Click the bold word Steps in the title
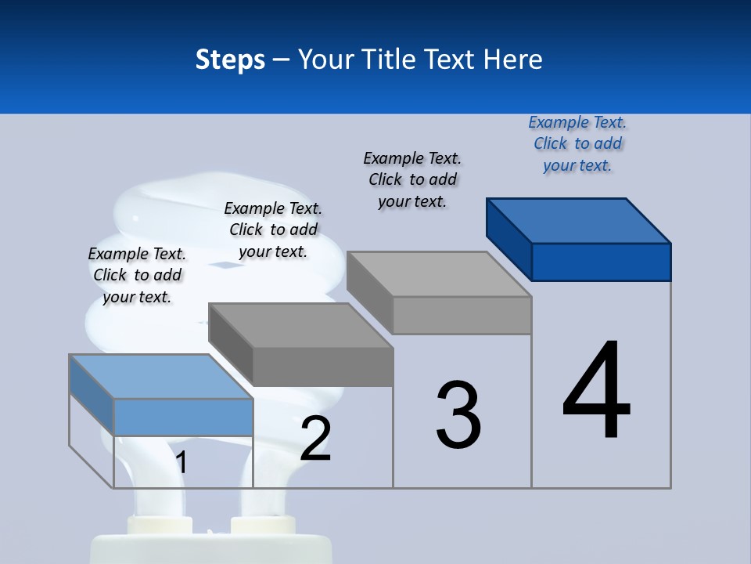pyautogui.click(x=230, y=60)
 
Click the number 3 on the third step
pyautogui.click(x=458, y=415)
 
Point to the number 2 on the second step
pyautogui.click(x=315, y=439)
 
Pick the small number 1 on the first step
pyautogui.click(x=181, y=463)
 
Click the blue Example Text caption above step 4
pyautogui.click(x=577, y=144)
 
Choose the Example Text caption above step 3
pyautogui.click(x=412, y=179)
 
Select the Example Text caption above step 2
pyautogui.click(x=273, y=230)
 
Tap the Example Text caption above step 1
pyautogui.click(x=137, y=275)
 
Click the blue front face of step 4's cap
pyautogui.click(x=601, y=262)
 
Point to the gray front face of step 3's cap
pyautogui.click(x=462, y=315)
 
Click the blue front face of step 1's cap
pyautogui.click(x=183, y=417)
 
